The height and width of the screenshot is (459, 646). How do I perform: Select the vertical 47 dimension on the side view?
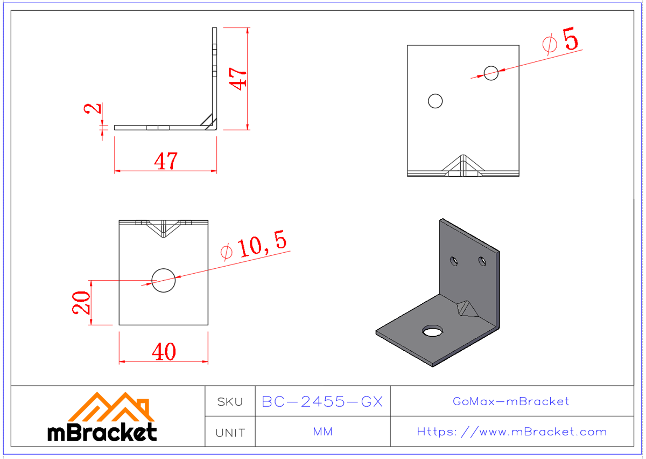coord(238,77)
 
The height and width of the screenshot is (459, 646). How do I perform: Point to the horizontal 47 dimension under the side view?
coord(165,161)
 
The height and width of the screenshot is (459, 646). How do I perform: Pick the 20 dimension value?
coord(80,303)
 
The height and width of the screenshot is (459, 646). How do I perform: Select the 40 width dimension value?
coord(164,352)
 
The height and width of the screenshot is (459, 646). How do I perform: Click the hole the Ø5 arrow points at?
coord(491,73)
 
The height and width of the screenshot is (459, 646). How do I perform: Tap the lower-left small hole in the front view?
coord(435,101)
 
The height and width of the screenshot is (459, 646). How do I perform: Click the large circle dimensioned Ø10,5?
coord(164,280)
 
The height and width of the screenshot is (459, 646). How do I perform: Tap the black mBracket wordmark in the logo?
coord(102,432)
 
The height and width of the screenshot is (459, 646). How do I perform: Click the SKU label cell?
coord(230,401)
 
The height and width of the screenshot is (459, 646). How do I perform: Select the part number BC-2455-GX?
coord(322,401)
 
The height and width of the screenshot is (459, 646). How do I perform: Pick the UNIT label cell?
coord(230,432)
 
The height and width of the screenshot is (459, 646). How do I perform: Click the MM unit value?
coord(322,432)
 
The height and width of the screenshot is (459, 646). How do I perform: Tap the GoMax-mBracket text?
coord(511,401)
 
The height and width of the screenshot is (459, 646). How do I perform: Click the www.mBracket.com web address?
coord(511,432)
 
